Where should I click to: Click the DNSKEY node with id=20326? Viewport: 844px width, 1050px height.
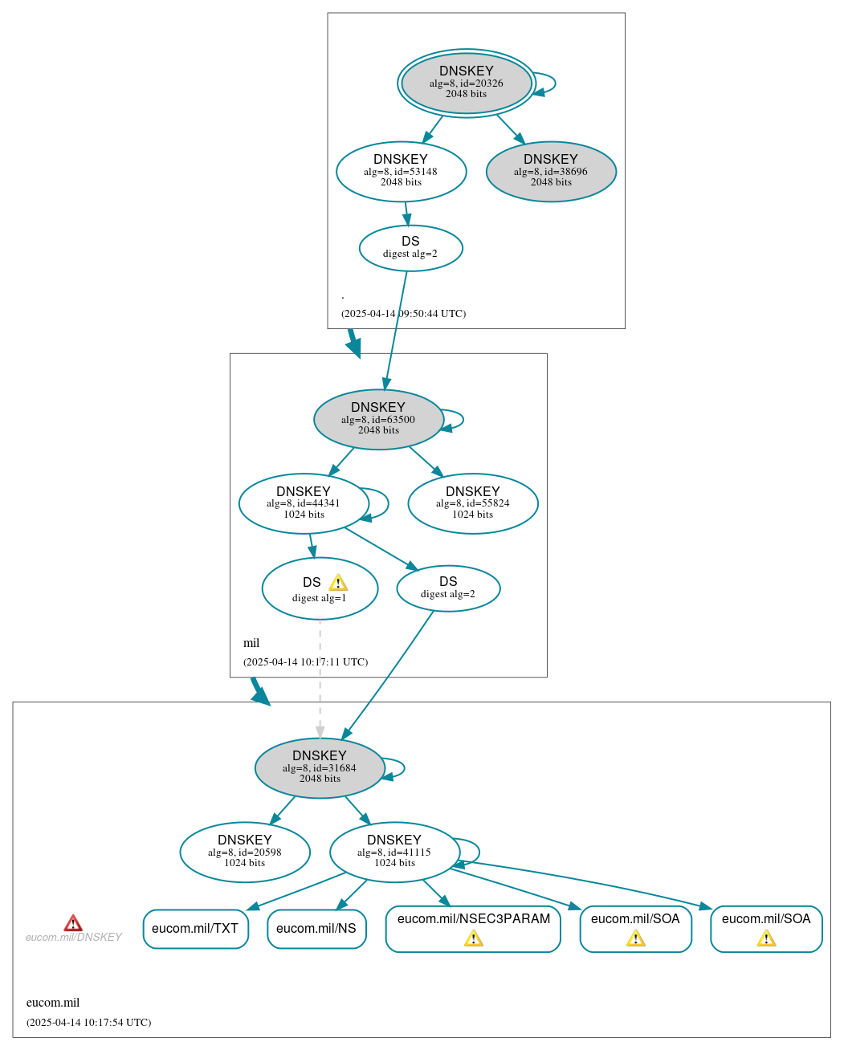coord(466,83)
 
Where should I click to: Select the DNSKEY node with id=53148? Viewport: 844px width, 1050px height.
coord(401,171)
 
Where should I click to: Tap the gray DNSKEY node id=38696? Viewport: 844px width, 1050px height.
coord(551,171)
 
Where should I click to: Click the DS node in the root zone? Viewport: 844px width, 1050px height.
coord(410,247)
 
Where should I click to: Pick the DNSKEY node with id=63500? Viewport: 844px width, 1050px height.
coord(378,419)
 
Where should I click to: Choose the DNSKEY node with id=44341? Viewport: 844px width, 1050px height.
coord(304,503)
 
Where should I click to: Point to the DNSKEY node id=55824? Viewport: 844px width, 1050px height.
coord(472,503)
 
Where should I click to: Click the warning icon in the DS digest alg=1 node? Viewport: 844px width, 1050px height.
coord(338,583)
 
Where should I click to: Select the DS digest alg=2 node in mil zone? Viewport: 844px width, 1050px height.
coord(448,588)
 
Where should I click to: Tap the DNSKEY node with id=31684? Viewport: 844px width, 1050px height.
coord(320,767)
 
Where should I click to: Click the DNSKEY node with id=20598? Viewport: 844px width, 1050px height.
coord(245,852)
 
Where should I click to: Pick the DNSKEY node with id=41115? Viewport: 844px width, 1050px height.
coord(394,852)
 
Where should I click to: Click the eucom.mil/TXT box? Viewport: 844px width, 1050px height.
coord(195,929)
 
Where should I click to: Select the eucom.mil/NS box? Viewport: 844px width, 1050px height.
coord(316,929)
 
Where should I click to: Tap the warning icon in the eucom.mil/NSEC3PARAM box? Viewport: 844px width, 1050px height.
coord(473,938)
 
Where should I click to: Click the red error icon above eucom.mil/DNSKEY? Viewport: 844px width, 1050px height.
coord(73,923)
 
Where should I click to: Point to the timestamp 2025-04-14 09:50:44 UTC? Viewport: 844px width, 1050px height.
coord(403,313)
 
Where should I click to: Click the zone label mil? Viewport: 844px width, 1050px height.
coord(251,643)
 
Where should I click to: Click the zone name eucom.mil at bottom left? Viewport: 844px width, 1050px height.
coord(53,1003)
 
